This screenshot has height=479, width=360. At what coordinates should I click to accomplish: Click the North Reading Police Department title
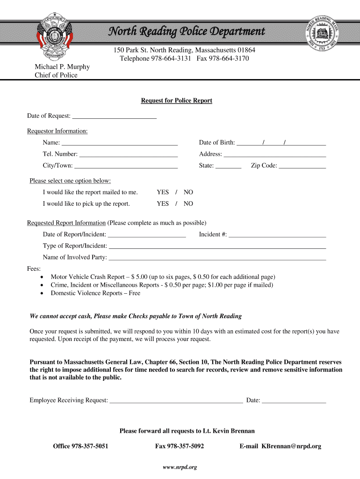tap(187, 31)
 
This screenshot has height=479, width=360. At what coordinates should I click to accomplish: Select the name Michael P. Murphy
tap(62, 67)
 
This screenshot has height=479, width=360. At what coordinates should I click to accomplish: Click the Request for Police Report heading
tap(177, 101)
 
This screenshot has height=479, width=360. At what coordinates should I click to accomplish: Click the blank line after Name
tap(120, 143)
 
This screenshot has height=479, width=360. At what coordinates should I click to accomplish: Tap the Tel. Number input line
tap(129, 154)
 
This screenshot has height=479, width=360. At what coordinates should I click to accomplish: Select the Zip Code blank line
tap(302, 166)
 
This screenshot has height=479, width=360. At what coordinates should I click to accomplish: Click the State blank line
tap(228, 166)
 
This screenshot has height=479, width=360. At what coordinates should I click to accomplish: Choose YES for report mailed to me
tap(163, 192)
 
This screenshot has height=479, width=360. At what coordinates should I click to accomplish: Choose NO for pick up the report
tap(188, 204)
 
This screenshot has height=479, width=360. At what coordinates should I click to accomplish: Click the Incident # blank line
tap(277, 235)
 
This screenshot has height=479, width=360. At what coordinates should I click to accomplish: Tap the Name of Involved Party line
tap(217, 258)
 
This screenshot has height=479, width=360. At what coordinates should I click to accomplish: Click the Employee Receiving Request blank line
tap(176, 401)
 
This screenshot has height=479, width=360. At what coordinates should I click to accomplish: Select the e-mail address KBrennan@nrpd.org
tap(291, 446)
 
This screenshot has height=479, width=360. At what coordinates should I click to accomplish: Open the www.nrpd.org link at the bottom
tap(180, 467)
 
